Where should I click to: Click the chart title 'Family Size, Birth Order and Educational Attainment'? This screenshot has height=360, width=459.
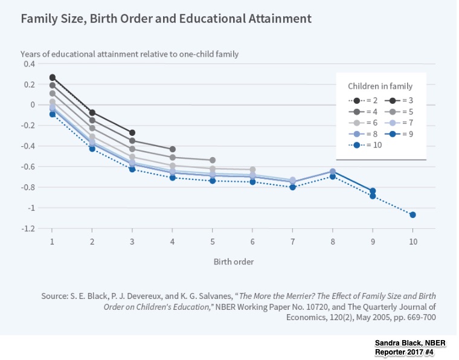point(166,18)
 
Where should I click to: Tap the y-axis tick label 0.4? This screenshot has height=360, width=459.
point(29,64)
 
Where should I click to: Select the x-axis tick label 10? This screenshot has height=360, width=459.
point(412,241)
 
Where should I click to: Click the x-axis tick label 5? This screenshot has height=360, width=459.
point(212,241)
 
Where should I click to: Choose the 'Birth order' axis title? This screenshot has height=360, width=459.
point(233,262)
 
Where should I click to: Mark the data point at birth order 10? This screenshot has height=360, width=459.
point(412,215)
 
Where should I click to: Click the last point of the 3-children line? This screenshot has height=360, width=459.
point(132,133)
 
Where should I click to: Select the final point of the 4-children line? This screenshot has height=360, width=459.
point(172,149)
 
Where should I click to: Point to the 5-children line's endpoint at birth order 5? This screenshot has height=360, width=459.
point(212,160)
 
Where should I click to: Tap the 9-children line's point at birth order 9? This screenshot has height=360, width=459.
point(373,191)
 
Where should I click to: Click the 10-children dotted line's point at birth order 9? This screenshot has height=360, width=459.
point(373,196)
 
